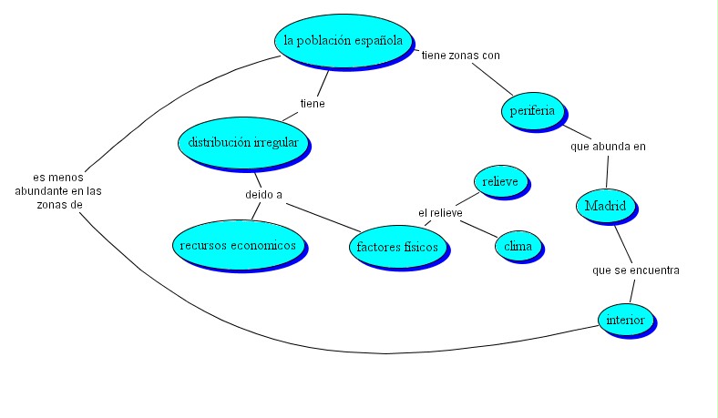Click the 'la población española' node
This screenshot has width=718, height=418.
point(342,40)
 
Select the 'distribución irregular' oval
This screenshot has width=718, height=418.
point(242,142)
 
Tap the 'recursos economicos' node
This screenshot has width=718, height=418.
point(237,245)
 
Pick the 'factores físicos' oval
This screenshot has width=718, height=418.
point(397,247)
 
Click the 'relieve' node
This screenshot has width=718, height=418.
point(499,181)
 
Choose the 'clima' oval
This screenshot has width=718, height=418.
point(518,245)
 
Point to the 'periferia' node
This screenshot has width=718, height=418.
point(534,110)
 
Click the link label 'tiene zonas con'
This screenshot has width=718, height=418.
point(460,55)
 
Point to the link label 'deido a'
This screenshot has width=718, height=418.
point(263,194)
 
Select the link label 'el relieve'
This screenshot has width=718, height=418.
point(440,213)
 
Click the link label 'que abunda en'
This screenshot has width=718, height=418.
point(608,146)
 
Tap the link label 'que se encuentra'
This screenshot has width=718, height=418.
point(635,270)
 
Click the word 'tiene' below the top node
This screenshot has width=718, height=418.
point(313,103)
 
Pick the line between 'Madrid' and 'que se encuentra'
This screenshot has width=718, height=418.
point(622,242)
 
